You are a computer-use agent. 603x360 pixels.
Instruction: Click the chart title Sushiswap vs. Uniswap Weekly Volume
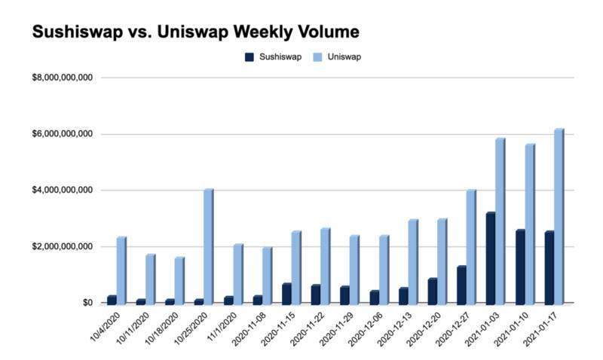[194, 32]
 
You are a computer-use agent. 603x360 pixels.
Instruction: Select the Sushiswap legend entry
[277, 56]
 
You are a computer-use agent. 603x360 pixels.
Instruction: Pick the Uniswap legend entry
[338, 56]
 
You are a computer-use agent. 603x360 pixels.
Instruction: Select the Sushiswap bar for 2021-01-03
[491, 258]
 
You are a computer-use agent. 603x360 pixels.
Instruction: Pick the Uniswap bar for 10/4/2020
[121, 270]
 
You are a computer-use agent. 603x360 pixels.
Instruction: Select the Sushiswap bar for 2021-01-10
[519, 267]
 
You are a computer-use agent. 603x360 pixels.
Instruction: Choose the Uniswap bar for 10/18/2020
[179, 280]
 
